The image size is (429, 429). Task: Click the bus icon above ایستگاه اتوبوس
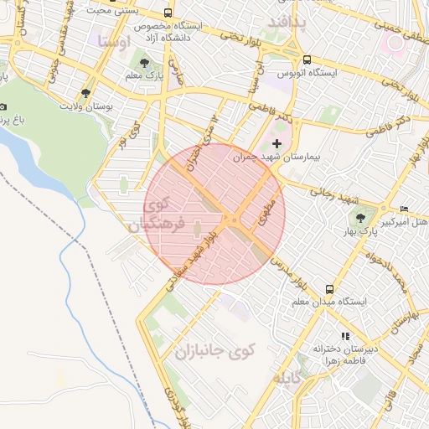click(308, 59)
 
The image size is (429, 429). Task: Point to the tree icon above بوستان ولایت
click(85, 93)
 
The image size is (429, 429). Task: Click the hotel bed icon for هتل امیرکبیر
click(406, 209)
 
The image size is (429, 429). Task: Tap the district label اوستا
click(114, 40)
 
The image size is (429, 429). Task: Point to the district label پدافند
click(290, 22)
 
